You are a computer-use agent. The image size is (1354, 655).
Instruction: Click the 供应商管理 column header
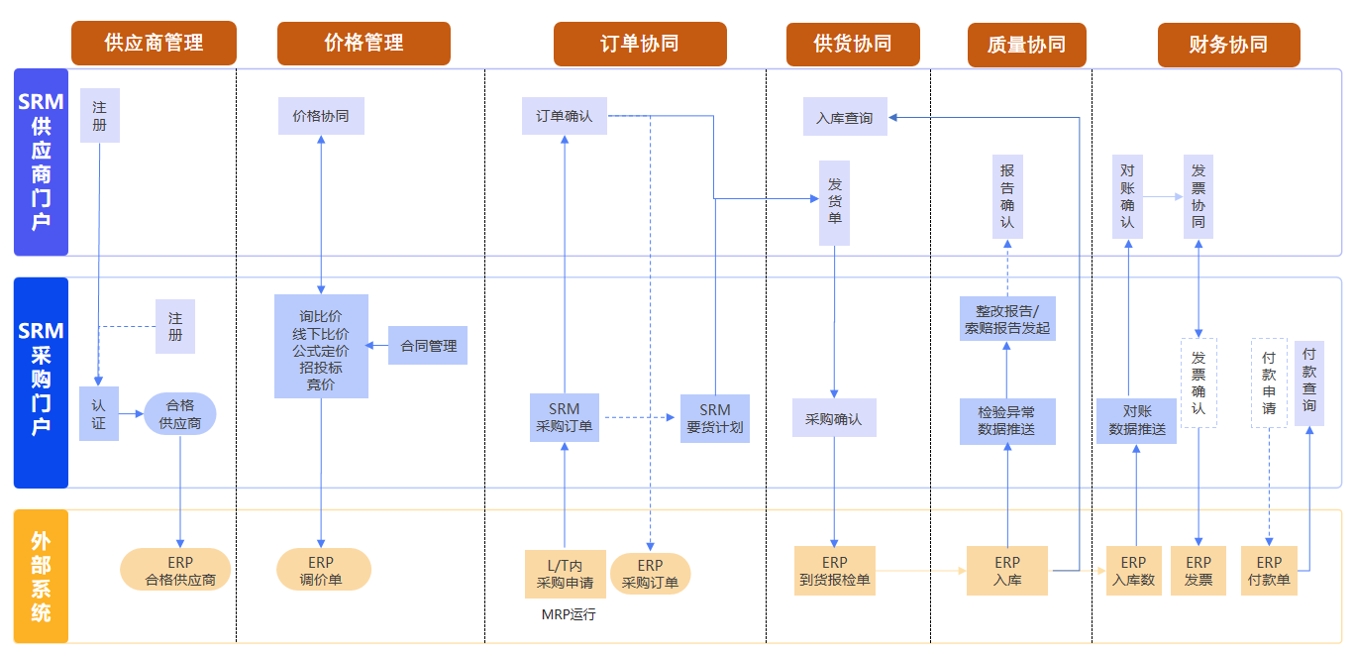[x=154, y=44]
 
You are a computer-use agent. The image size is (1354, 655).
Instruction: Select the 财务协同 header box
[x=1228, y=45]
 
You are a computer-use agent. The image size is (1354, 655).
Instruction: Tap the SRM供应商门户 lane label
[x=41, y=162]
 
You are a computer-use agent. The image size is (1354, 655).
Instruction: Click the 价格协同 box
[x=321, y=116]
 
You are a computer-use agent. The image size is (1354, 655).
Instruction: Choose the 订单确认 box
[x=565, y=116]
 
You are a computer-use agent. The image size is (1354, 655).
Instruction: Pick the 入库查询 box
[x=845, y=117]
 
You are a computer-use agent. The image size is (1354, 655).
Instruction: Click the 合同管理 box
[x=428, y=346]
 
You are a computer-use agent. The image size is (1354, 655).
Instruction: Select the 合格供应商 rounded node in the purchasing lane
[x=180, y=414]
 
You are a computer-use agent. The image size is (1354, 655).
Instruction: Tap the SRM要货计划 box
[x=715, y=418]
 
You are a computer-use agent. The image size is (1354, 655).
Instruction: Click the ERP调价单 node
[x=323, y=570]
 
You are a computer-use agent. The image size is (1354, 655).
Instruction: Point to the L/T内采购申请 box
[x=565, y=574]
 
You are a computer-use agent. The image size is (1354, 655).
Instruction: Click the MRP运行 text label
[x=569, y=614]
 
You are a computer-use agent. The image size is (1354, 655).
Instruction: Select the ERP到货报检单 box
[x=835, y=571]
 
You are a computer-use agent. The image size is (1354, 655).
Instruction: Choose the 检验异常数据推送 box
[x=1007, y=421]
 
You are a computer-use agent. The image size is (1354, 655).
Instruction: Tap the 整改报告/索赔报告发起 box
[x=1007, y=318]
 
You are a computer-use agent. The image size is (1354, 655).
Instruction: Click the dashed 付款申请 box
[x=1269, y=382]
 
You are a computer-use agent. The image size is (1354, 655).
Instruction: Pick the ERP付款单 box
[x=1269, y=571]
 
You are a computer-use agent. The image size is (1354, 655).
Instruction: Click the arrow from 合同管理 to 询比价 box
[x=377, y=346]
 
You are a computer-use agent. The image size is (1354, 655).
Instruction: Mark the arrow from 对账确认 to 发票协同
[x=1163, y=197]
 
